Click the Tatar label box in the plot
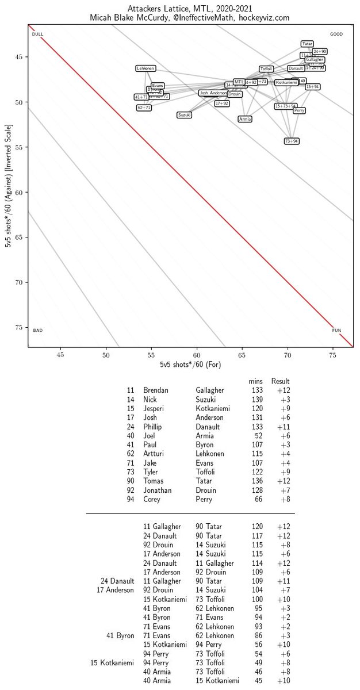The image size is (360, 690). click(x=307, y=44)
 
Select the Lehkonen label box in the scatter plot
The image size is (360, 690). click(x=145, y=68)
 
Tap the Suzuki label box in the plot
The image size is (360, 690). click(x=184, y=115)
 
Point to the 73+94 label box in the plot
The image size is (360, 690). click(x=292, y=141)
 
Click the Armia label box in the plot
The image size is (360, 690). click(x=245, y=119)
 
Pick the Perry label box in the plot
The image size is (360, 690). click(x=299, y=110)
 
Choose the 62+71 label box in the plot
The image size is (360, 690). click(x=144, y=108)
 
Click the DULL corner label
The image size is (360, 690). click(x=38, y=34)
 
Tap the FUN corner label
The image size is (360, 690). click(x=336, y=330)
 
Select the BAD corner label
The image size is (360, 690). click(x=38, y=330)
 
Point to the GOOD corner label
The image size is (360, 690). click(x=336, y=34)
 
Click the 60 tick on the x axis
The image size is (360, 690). click(x=197, y=355)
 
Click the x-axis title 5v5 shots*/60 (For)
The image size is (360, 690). click(x=190, y=365)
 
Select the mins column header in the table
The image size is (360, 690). click(x=255, y=381)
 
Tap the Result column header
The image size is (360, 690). click(x=281, y=381)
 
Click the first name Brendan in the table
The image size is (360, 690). click(x=156, y=390)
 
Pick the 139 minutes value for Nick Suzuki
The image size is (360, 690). click(x=257, y=400)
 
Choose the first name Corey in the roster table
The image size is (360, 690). click(x=152, y=500)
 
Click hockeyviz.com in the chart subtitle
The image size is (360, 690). click(x=267, y=18)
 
